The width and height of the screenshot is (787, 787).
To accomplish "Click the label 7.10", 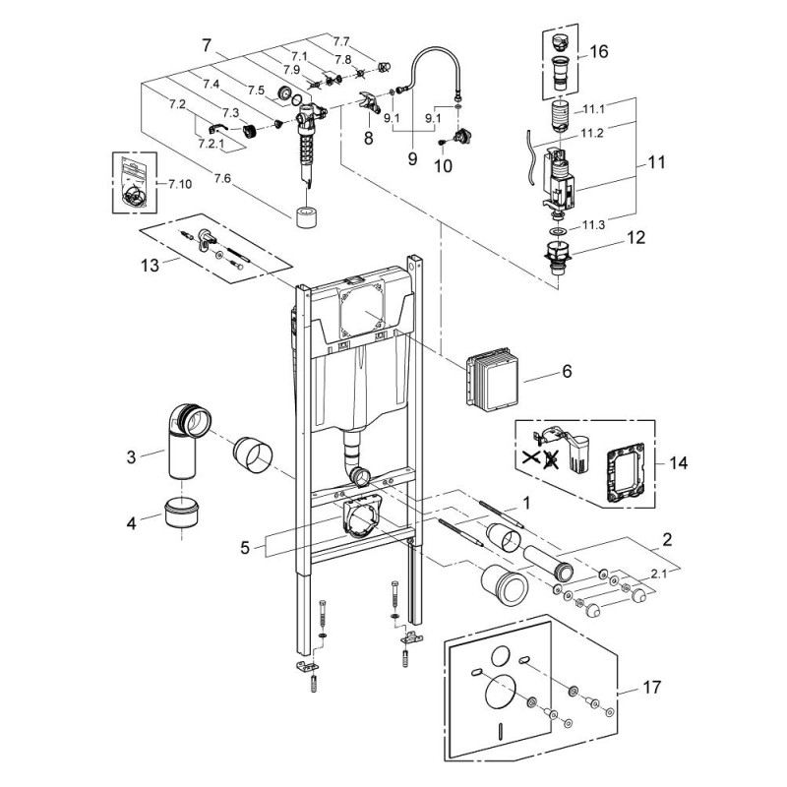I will click(x=181, y=184).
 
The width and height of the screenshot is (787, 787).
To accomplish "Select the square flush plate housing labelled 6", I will click(x=490, y=378).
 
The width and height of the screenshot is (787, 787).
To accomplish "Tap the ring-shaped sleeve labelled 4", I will click(x=181, y=514).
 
